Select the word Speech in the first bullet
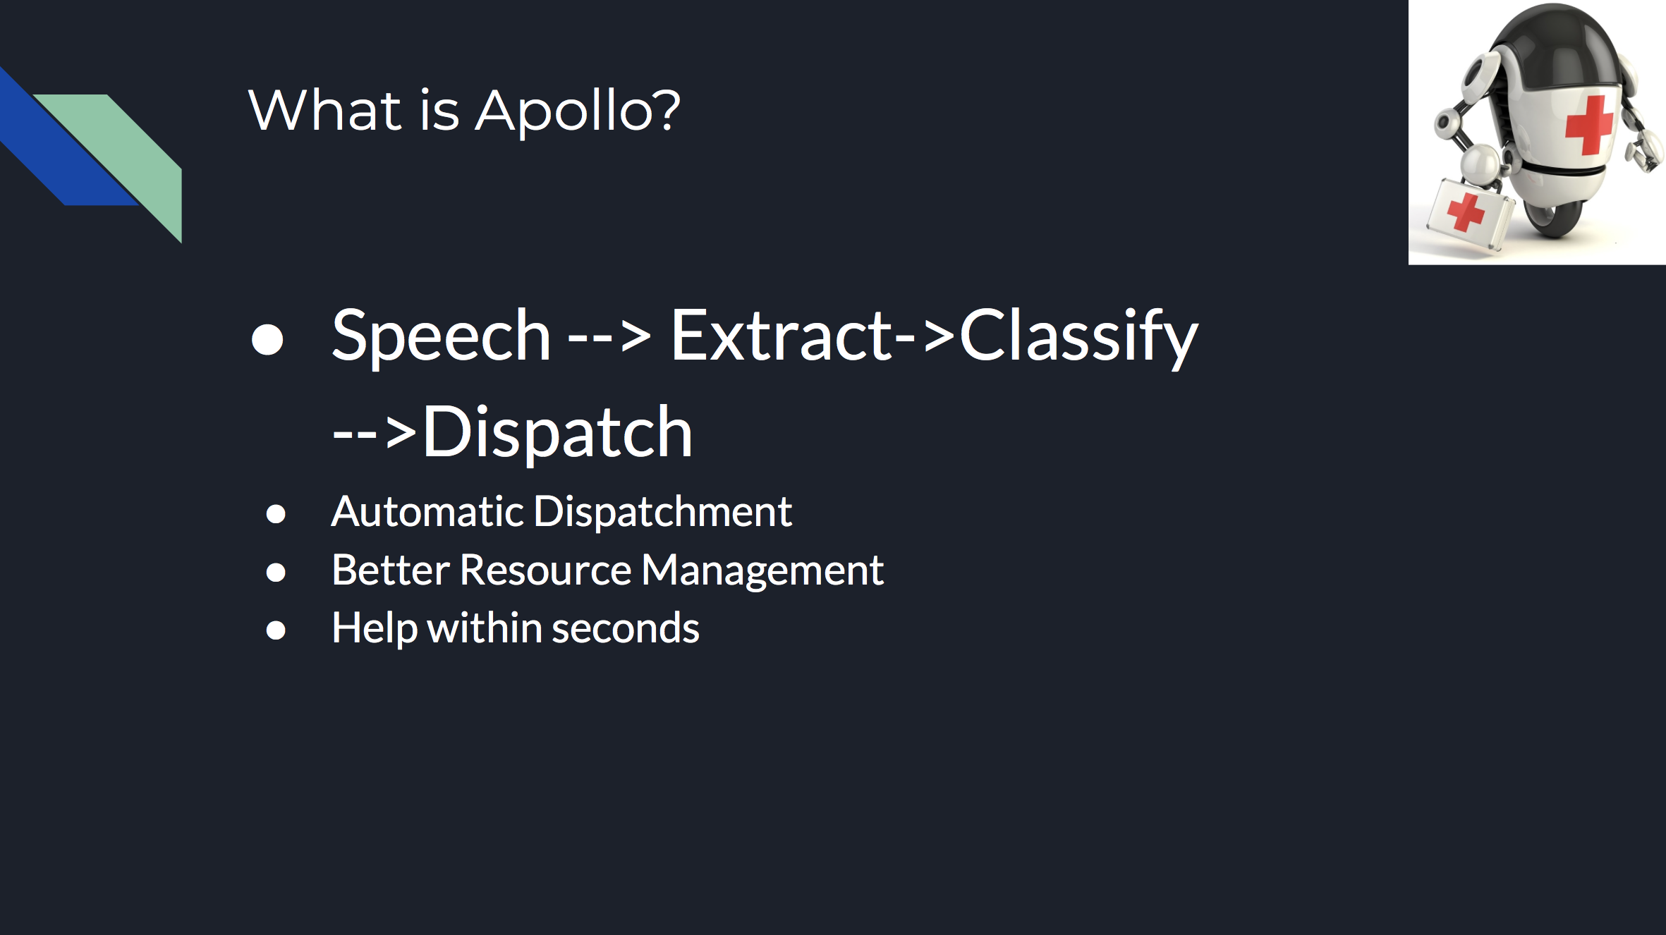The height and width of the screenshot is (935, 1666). [441, 338]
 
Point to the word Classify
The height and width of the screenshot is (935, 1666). [1078, 338]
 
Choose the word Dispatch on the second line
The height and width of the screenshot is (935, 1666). [557, 433]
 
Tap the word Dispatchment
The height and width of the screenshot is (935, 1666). [663, 511]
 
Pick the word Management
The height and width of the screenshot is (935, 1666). [762, 571]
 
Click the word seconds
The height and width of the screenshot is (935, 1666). [626, 628]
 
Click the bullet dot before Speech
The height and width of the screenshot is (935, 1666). [267, 339]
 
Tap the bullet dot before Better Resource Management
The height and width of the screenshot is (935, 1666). [276, 572]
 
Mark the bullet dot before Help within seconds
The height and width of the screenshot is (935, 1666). [276, 630]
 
